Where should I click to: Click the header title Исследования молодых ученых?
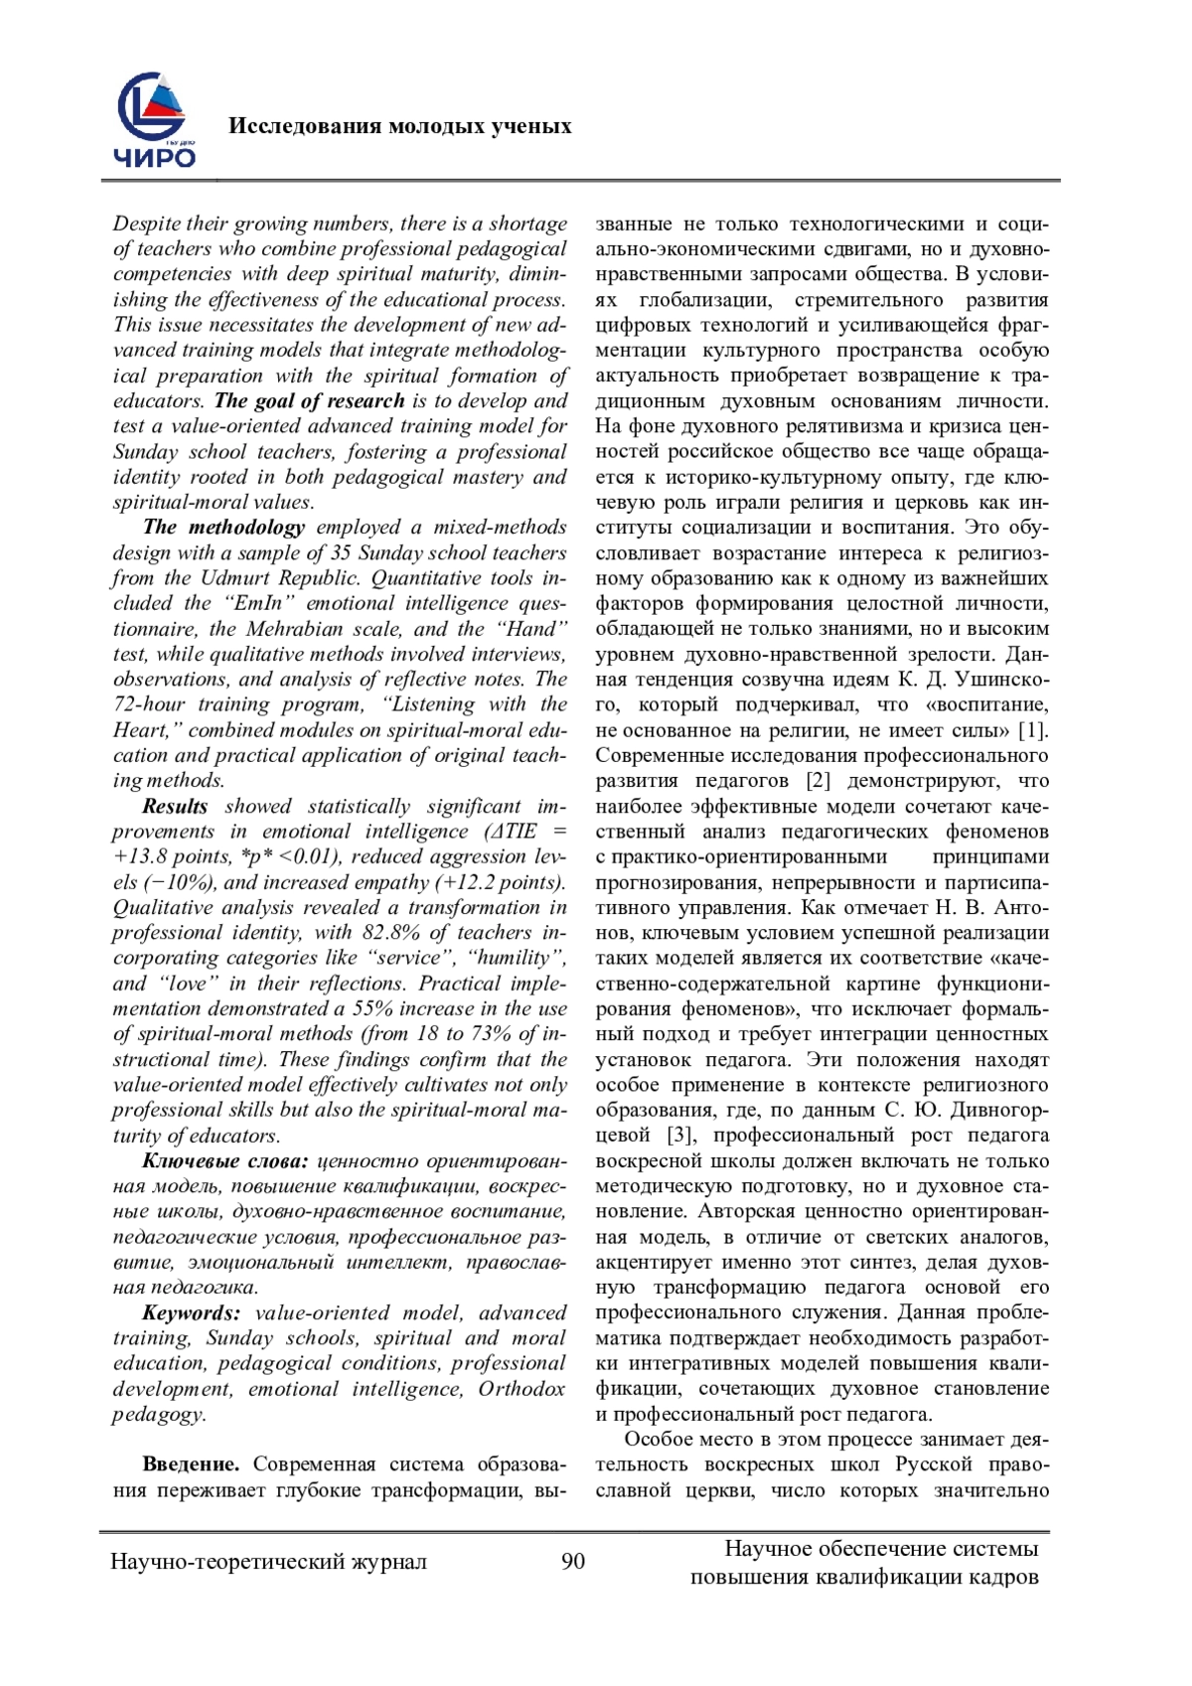399,126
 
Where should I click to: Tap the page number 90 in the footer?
573,1561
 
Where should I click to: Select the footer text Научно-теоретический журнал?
269,1562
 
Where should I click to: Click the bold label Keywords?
191,1312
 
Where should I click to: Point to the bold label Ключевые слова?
225,1160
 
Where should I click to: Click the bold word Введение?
191,1464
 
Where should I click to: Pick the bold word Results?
175,806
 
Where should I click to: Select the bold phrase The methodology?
223,527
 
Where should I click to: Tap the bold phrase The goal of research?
309,400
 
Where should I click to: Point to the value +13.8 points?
167,856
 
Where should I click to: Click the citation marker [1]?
1033,730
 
